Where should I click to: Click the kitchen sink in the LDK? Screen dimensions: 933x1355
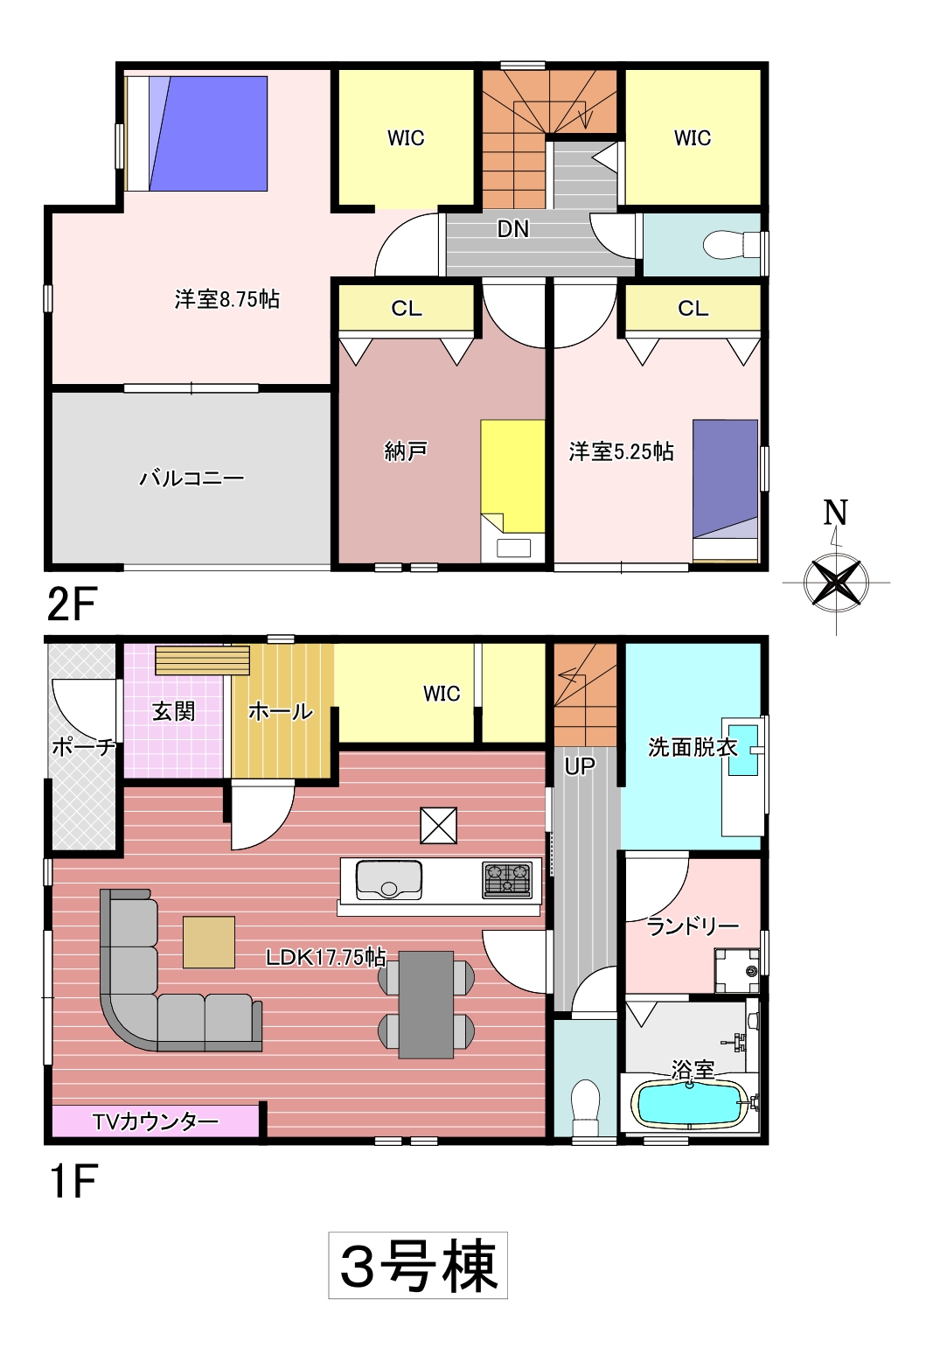point(389,879)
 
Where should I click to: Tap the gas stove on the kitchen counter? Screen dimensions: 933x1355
point(507,879)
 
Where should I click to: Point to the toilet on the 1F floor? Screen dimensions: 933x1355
point(585,1107)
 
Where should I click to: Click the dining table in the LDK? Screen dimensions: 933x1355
point(426,1005)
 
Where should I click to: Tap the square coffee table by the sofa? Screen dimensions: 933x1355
point(209,942)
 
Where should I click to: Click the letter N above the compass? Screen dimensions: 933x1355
point(835,512)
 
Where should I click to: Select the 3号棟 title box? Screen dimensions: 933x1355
point(418,1265)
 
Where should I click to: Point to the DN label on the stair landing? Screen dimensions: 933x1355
point(512,228)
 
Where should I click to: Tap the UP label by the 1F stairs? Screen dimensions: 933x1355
point(579,766)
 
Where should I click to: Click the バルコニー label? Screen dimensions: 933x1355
point(191,478)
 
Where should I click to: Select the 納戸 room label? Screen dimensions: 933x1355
point(406,451)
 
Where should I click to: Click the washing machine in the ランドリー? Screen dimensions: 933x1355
point(736,970)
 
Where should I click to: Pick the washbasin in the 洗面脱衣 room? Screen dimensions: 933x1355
point(742,750)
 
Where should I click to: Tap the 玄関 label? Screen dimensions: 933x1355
point(173,711)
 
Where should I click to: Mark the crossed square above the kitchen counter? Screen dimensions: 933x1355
point(438,825)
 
